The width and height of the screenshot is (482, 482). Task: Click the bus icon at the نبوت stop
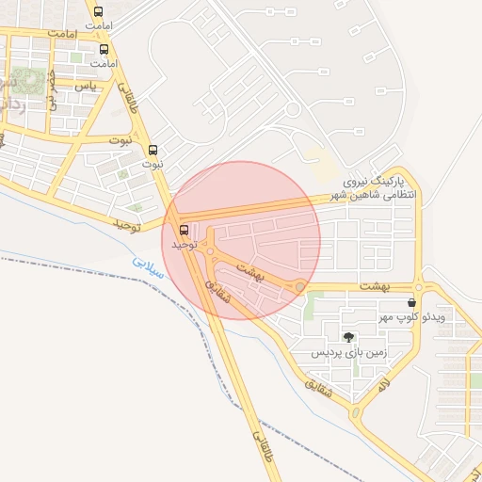[153, 150]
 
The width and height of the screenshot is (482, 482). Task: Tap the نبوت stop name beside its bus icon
[153, 164]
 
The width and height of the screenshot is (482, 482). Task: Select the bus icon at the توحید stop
[184, 229]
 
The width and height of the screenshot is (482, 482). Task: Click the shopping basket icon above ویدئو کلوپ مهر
[411, 303]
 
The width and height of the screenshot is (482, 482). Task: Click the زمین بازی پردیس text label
[349, 353]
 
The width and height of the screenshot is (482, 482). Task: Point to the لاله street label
[383, 386]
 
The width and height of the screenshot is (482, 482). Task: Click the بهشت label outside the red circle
[374, 285]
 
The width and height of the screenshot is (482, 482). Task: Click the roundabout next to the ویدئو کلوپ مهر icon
[419, 287]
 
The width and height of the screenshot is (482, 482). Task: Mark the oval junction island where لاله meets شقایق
[355, 412]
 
